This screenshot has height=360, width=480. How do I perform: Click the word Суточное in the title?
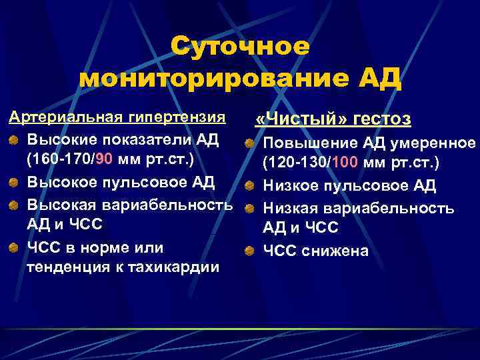click(x=240, y=47)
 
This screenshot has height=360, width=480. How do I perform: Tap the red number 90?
click(x=107, y=161)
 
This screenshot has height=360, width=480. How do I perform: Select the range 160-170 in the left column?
click(x=63, y=161)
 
